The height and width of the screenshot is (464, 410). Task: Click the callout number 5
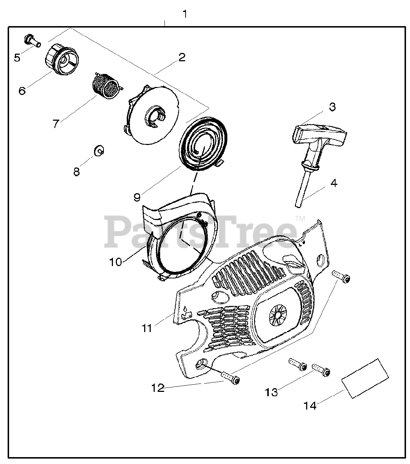(x=17, y=58)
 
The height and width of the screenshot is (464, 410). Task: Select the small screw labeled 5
(x=32, y=40)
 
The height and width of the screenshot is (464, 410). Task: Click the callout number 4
(x=334, y=183)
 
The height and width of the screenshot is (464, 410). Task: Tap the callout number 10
(x=115, y=262)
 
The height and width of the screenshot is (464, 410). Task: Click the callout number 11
(x=147, y=328)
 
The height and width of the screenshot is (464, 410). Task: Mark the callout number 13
(x=271, y=392)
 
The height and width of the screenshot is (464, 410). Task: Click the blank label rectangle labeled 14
(x=365, y=378)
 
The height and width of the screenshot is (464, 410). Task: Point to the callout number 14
(x=310, y=406)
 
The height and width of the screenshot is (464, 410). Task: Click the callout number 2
(x=182, y=57)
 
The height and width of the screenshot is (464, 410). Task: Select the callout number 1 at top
(x=185, y=14)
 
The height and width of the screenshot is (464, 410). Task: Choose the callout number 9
(x=137, y=197)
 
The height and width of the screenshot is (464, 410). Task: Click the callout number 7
(x=55, y=124)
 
